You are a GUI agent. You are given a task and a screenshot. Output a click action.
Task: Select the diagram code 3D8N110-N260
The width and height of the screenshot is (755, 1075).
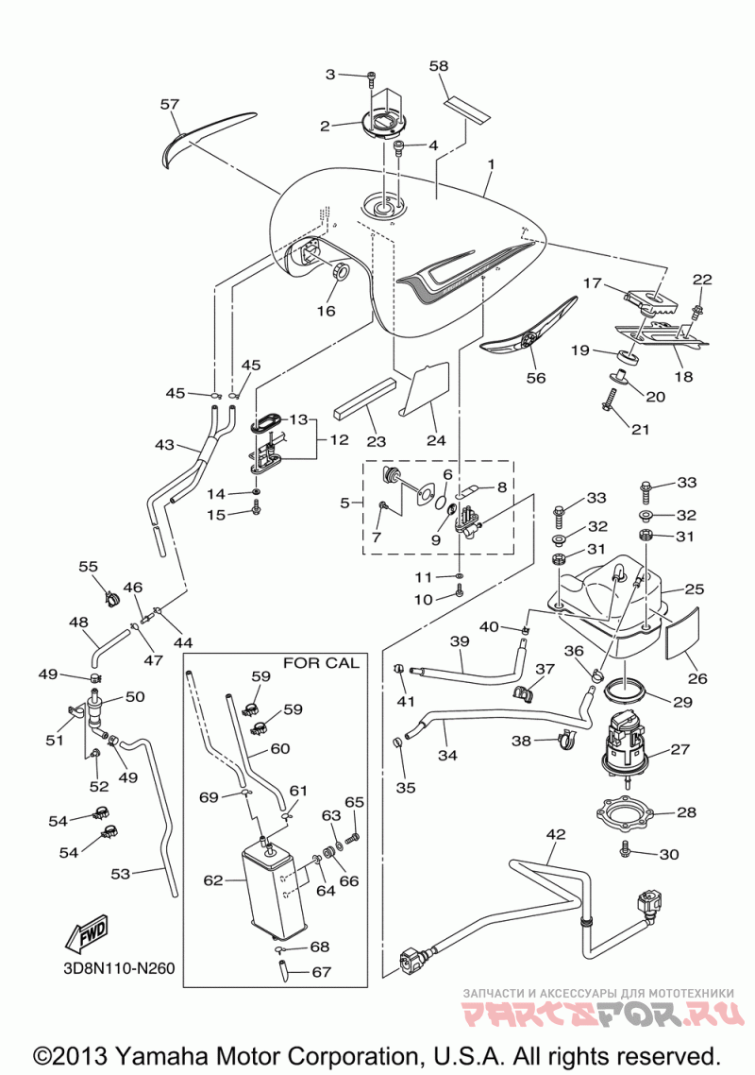pyautogui.click(x=116, y=969)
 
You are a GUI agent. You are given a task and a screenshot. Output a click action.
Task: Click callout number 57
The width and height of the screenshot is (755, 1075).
pyautogui.click(x=169, y=104)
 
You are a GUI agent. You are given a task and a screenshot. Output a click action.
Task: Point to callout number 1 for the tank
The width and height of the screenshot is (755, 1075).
pyautogui.click(x=491, y=165)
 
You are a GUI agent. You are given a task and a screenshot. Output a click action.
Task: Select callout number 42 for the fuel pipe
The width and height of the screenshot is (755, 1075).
pyautogui.click(x=556, y=834)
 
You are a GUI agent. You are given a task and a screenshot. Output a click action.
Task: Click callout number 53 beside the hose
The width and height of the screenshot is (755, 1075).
pyautogui.click(x=120, y=873)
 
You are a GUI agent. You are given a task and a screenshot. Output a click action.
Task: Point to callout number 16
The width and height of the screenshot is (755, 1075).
pyautogui.click(x=327, y=311)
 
